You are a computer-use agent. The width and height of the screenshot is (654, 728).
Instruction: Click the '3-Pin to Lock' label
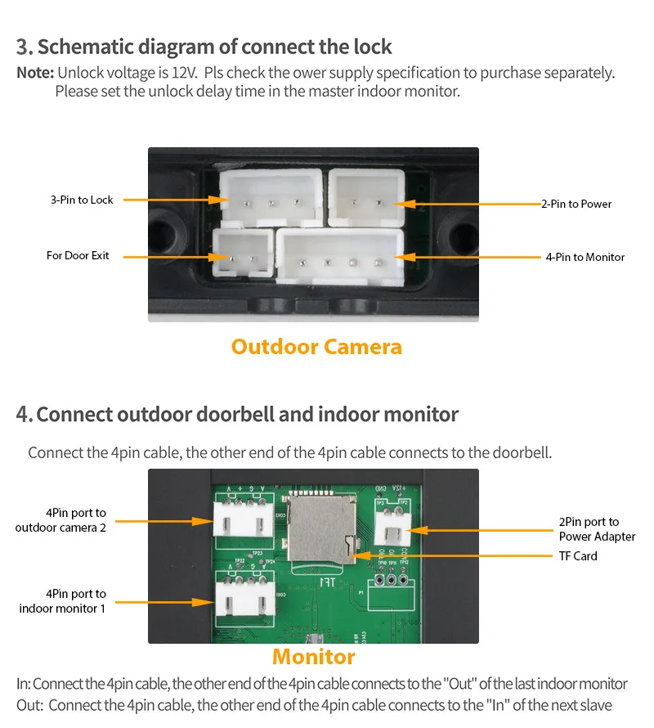coord(82,200)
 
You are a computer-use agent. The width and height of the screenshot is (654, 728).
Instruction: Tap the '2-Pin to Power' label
coord(576,204)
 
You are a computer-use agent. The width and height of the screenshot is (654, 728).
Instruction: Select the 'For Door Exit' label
coord(78,256)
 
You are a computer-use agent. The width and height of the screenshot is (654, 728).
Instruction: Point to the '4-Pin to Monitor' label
coord(585,257)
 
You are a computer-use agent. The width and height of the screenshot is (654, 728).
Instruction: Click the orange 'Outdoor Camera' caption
coord(316,347)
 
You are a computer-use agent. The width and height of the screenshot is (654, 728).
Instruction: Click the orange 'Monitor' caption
coord(314,657)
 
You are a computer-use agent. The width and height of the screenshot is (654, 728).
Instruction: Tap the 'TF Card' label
coord(578,556)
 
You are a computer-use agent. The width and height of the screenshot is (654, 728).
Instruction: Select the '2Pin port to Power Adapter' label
coord(597,529)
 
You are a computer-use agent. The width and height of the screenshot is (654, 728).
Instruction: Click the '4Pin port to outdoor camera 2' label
coord(60,520)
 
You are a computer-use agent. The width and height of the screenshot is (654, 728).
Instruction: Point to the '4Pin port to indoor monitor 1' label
coord(62,601)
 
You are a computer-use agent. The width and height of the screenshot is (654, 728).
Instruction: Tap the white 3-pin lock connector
coord(271,197)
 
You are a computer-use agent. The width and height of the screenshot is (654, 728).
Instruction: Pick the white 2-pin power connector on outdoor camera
coord(366,197)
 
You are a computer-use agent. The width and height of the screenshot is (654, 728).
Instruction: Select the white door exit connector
coord(243,255)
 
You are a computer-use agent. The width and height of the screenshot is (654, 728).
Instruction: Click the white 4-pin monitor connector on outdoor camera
coord(340,255)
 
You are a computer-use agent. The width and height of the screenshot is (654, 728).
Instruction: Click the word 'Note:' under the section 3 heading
coord(35,73)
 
